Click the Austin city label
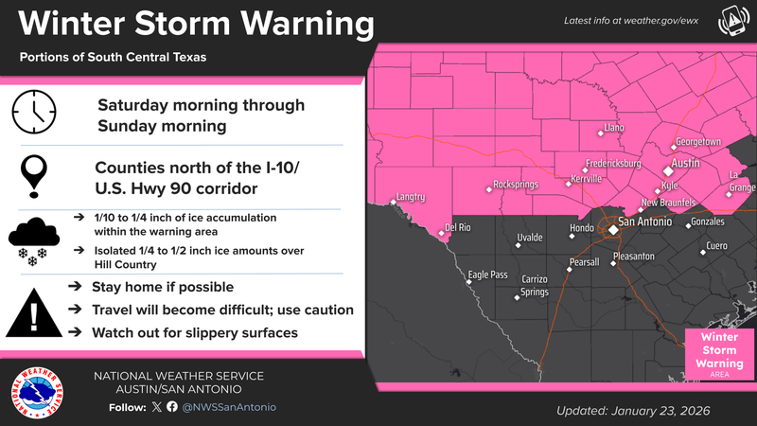tap(684, 163)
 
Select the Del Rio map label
tap(458, 228)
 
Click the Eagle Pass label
tap(488, 275)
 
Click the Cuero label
tap(718, 246)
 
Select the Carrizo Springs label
tap(536, 286)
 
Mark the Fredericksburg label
tap(613, 164)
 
